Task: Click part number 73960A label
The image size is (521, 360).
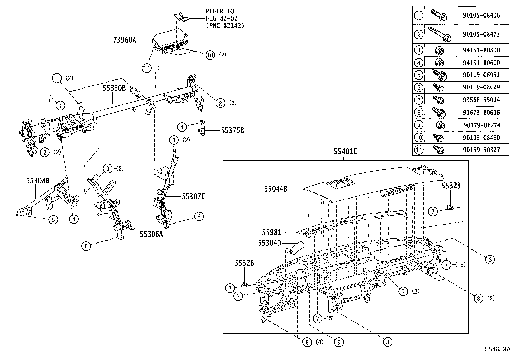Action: (x=124, y=40)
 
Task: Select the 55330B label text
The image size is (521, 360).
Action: (x=114, y=88)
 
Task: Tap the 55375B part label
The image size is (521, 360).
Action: (x=232, y=130)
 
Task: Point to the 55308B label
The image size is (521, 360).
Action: (x=38, y=180)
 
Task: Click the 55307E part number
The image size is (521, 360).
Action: (x=193, y=197)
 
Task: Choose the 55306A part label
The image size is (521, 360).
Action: (x=151, y=234)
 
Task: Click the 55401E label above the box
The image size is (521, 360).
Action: (x=345, y=152)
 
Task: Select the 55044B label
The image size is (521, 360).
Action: (x=276, y=189)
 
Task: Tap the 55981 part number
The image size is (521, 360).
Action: (x=271, y=233)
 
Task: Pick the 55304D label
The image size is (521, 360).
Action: (x=269, y=243)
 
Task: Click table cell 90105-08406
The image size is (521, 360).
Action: (x=481, y=15)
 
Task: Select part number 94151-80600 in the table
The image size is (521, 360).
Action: (x=481, y=63)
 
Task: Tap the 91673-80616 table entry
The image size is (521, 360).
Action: (x=481, y=113)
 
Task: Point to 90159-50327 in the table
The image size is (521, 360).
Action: (x=481, y=150)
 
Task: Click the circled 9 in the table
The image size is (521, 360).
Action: (x=419, y=125)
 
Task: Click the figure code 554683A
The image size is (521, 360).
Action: (x=497, y=349)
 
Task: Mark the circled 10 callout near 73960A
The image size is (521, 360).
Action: (x=210, y=55)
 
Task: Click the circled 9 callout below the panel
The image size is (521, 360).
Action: (x=339, y=342)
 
